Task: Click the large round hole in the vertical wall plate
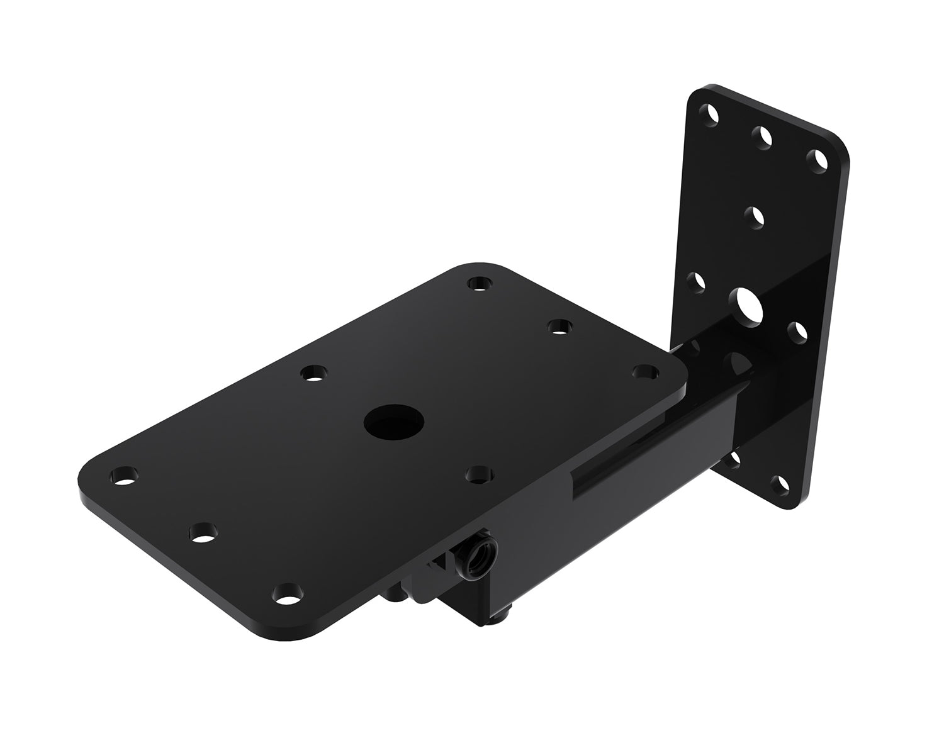tap(746, 304)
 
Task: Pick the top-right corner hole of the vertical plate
tap(818, 160)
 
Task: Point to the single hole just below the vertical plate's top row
tap(754, 217)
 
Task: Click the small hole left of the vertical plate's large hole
tap(696, 281)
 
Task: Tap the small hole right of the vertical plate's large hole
tap(797, 332)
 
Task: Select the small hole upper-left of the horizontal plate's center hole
tap(311, 374)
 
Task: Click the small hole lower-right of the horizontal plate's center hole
tap(480, 474)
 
